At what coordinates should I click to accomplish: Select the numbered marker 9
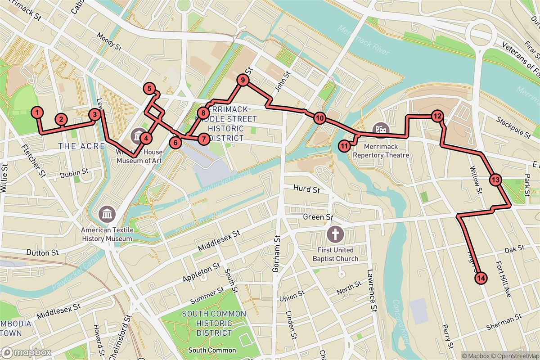[243, 81]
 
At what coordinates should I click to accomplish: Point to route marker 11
[344, 145]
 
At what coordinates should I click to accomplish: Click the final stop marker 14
[481, 279]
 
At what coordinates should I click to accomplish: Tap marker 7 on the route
[203, 139]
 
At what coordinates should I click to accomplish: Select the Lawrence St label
[371, 297]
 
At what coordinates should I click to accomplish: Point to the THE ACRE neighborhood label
[81, 146]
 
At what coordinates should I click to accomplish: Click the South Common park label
[211, 350]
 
